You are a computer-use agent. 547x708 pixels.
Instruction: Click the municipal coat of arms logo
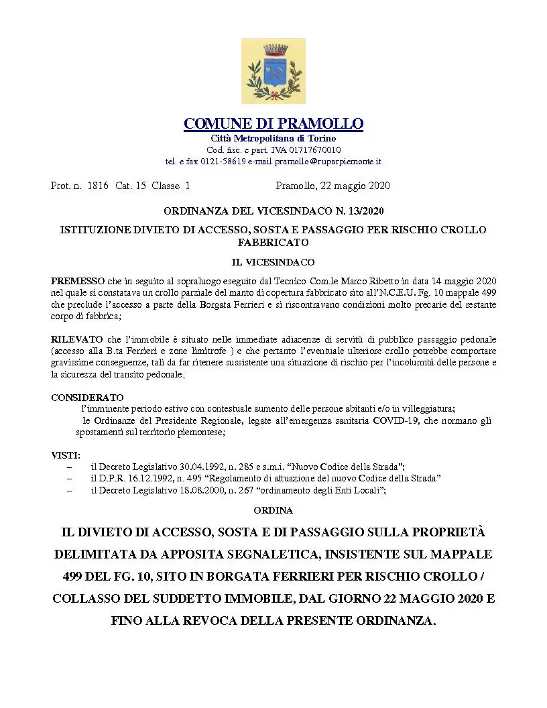coord(273,71)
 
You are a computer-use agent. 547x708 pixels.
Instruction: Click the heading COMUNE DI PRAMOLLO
coord(273,124)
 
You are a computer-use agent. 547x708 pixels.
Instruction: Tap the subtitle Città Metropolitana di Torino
coord(273,138)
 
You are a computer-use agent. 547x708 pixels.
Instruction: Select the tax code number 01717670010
coord(316,150)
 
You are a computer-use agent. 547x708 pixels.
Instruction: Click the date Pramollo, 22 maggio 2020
coord(332,185)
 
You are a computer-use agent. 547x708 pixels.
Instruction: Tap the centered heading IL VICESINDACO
coord(273,261)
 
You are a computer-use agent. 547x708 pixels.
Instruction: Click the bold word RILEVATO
coord(77,340)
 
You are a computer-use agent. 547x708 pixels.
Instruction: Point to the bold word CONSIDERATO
coord(87,397)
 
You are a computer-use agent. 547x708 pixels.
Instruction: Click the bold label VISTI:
coord(66,455)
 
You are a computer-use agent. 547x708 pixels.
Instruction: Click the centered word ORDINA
coord(273,510)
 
